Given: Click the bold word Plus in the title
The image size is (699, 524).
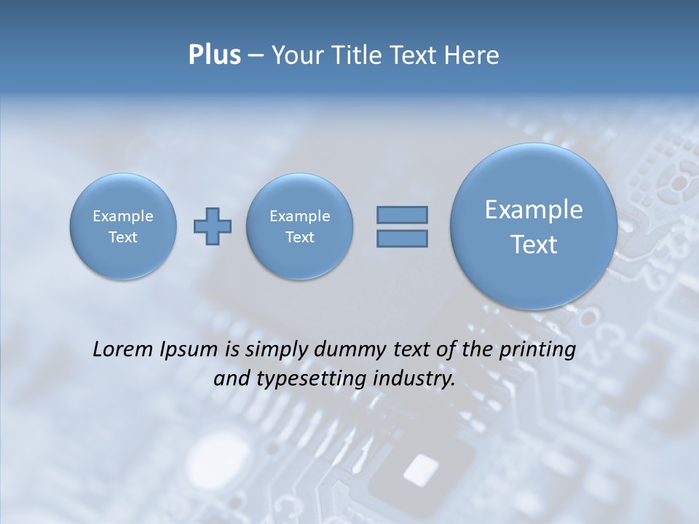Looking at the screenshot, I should (x=214, y=55).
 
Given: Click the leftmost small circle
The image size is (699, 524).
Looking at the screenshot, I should (x=123, y=226).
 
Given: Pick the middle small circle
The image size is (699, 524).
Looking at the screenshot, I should (x=299, y=226).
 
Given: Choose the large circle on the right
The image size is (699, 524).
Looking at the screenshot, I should (x=534, y=226).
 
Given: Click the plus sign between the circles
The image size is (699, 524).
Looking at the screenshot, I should (x=213, y=226).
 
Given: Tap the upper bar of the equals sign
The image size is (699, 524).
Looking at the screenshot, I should (x=402, y=215).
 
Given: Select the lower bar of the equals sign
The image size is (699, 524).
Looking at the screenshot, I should (x=402, y=238).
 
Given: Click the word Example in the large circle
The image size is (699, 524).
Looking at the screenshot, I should (x=534, y=210).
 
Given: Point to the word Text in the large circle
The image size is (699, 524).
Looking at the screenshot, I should (x=534, y=245).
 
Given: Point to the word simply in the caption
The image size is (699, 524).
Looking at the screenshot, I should (x=275, y=350).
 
